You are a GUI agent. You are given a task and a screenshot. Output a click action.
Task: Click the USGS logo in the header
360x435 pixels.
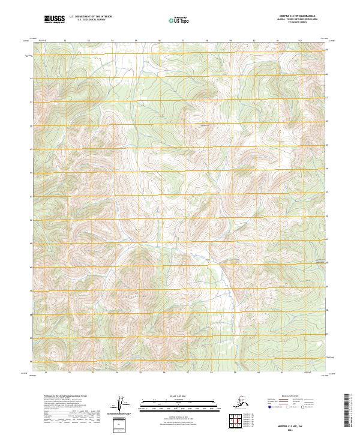point(55,19)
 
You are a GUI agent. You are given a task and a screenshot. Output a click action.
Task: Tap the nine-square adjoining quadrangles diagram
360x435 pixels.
point(236,420)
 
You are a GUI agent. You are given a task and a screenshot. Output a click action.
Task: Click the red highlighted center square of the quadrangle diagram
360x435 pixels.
point(236,420)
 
